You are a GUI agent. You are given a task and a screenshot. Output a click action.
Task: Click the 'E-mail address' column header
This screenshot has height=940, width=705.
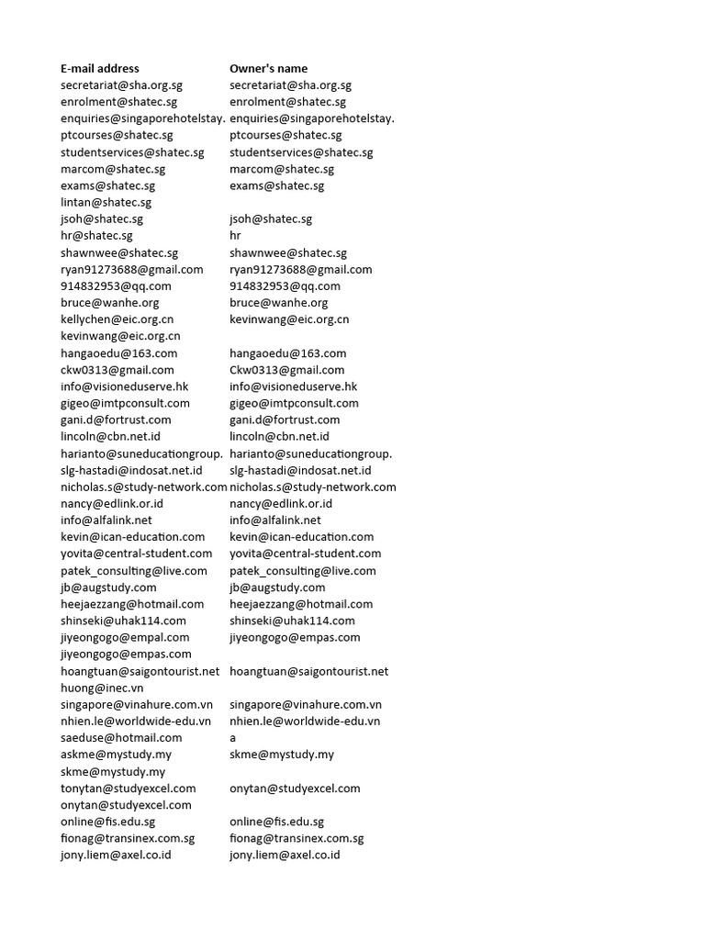100,68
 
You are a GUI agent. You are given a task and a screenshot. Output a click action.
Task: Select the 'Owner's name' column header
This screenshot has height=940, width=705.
268,68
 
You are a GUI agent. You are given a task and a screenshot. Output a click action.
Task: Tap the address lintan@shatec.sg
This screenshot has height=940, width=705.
106,202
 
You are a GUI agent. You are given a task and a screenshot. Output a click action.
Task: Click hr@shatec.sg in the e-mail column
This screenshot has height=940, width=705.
96,236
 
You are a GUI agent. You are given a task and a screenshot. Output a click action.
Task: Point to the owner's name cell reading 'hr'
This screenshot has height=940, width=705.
235,236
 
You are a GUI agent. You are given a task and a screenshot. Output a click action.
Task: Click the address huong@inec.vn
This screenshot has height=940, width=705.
102,688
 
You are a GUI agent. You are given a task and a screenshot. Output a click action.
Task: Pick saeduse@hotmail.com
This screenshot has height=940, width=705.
121,737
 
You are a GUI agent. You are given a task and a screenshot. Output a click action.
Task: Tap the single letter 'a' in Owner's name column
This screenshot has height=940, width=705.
233,737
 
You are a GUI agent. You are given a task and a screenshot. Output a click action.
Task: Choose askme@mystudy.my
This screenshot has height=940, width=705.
116,755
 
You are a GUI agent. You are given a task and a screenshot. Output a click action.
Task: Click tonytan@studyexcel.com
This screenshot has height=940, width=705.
128,788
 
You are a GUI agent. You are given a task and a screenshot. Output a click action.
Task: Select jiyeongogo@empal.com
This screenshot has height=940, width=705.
125,637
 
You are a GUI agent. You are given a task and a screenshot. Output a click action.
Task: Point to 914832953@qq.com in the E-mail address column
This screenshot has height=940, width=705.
116,285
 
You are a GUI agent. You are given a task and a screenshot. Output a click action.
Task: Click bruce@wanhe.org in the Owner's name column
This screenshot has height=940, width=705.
278,302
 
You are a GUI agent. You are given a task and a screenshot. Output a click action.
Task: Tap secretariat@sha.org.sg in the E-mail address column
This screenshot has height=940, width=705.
121,84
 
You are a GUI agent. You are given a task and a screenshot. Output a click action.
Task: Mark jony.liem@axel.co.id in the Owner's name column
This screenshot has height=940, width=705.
285,855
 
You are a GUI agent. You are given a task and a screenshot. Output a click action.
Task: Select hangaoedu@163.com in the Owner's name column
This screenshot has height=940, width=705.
287,352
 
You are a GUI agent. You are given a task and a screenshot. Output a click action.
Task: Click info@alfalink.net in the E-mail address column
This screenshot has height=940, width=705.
106,520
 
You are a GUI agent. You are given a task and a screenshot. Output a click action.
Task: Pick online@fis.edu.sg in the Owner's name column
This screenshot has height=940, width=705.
276,822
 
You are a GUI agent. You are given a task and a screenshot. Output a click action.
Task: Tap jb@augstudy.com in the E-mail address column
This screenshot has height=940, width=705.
108,587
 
